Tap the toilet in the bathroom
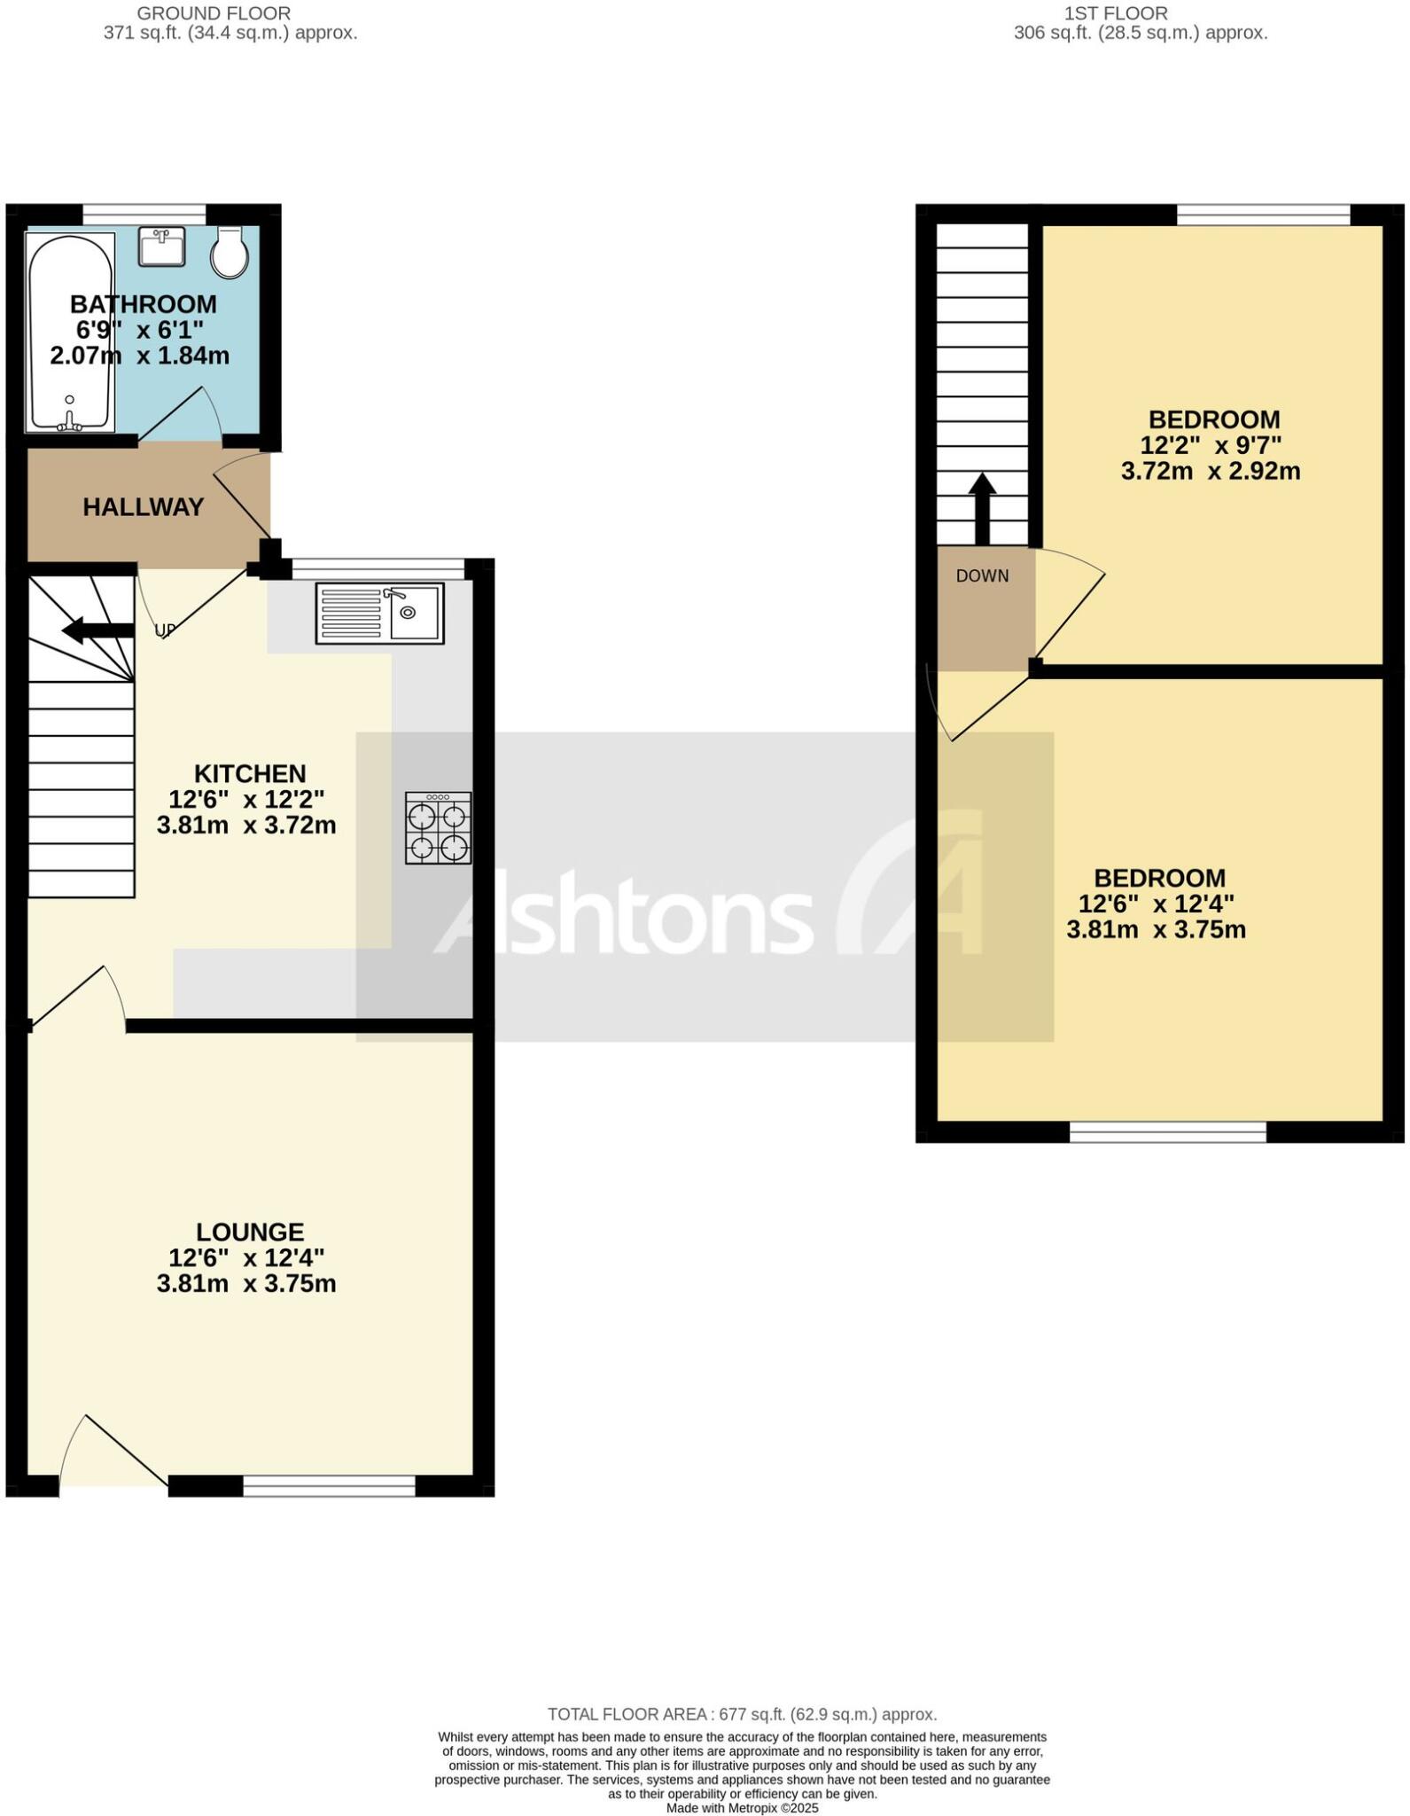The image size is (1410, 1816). coord(230,252)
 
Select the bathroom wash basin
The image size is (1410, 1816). coord(161,246)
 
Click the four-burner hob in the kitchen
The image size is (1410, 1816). coord(438,827)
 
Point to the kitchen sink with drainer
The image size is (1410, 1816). coord(378,613)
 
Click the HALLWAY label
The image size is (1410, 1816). coord(144,507)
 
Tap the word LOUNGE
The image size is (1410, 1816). coord(250,1232)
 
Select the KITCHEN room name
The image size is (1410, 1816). coord(250,773)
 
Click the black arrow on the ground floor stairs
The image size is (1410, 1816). coord(97,630)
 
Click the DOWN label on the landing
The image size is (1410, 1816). coord(982,575)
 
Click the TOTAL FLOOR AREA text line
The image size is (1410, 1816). coord(742,1714)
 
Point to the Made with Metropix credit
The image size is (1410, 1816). coord(742,1808)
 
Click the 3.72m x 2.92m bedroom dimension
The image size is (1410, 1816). coord(1211,471)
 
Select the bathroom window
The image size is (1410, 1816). coord(144,214)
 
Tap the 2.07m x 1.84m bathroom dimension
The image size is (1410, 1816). coord(140,356)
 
